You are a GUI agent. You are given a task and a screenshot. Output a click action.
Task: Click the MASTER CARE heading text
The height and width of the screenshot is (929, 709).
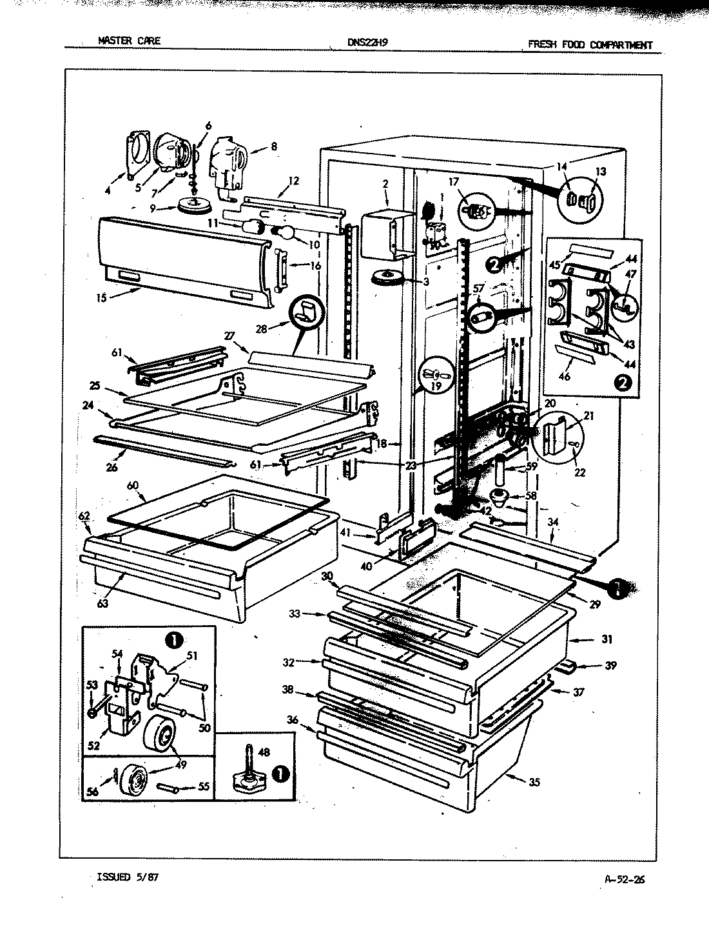point(129,41)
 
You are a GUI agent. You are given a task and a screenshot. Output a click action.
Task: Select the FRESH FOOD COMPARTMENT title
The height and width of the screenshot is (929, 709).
point(590,45)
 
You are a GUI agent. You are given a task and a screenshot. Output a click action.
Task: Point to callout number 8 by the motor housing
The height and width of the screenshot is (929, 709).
point(273,146)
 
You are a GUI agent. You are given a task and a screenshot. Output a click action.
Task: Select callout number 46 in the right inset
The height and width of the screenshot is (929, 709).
point(564,376)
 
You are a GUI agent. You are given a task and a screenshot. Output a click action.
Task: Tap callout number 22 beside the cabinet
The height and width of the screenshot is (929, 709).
point(579,472)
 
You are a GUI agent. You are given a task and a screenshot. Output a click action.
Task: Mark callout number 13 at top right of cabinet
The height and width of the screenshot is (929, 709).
point(600,172)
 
